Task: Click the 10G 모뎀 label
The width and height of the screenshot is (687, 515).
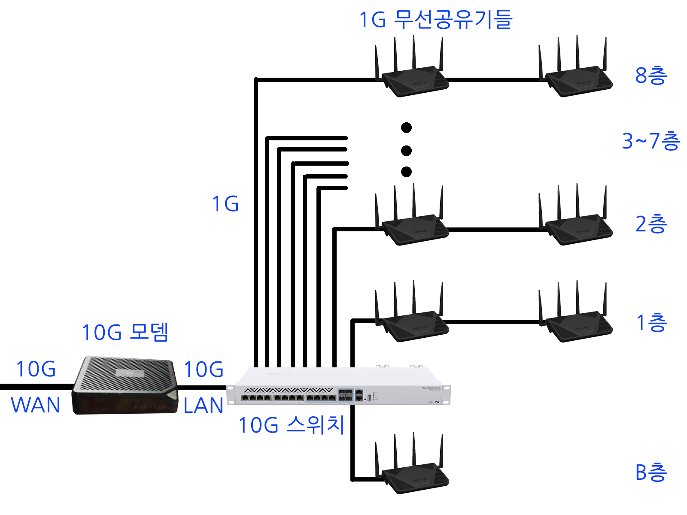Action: [125, 332]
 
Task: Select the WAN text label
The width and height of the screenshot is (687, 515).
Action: [35, 405]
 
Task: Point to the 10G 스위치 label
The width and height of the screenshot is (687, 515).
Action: [292, 425]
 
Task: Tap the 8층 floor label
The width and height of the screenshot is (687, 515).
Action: [651, 76]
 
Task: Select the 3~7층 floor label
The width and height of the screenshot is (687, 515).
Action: [651, 141]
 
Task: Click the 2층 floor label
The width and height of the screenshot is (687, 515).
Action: [651, 224]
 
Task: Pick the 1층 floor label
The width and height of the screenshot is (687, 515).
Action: [651, 323]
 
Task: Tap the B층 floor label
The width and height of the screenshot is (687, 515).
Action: [651, 473]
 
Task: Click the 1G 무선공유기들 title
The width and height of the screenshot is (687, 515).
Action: [435, 20]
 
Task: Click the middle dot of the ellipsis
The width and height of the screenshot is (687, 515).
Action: [406, 151]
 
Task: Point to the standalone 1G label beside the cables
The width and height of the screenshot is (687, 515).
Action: [225, 204]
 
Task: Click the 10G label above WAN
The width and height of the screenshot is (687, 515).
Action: [36, 369]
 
